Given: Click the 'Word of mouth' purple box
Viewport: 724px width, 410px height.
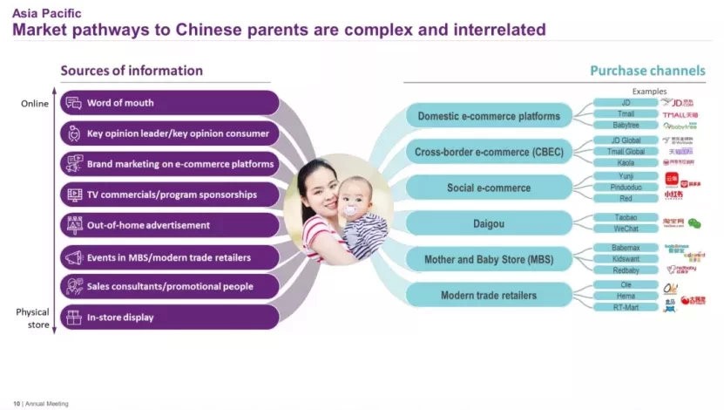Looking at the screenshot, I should (170, 103).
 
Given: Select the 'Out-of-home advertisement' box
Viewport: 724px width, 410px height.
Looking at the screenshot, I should (170, 225).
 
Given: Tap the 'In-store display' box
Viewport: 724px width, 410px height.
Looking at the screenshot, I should (170, 318).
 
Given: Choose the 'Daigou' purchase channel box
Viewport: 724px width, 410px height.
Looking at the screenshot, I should (488, 224).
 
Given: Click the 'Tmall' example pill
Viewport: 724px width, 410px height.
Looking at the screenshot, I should (625, 114).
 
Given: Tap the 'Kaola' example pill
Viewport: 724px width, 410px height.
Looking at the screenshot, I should (625, 162).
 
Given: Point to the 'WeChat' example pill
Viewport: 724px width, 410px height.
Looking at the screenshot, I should (625, 229).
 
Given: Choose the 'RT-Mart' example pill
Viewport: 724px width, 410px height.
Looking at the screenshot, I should (625, 307).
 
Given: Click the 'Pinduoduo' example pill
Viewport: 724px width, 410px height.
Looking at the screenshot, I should (625, 187).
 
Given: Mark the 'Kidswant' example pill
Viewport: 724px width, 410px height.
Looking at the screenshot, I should (625, 259).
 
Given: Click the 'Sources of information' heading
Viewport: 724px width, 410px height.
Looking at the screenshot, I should (132, 71).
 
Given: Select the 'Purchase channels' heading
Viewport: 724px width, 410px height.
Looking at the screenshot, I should (647, 71).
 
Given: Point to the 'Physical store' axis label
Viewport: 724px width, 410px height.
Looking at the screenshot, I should (33, 318).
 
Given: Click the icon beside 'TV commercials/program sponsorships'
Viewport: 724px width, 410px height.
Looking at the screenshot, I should (72, 194).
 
